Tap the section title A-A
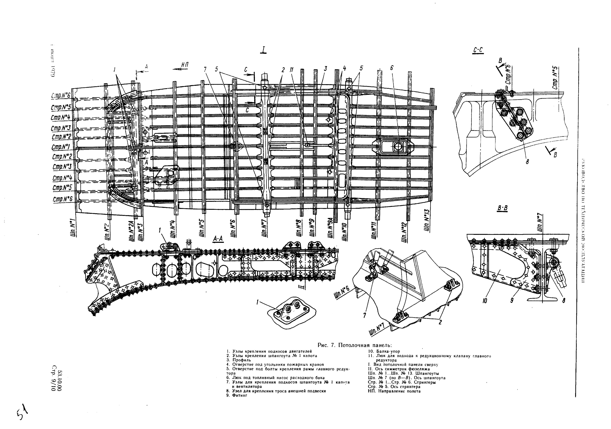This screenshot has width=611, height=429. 218,239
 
